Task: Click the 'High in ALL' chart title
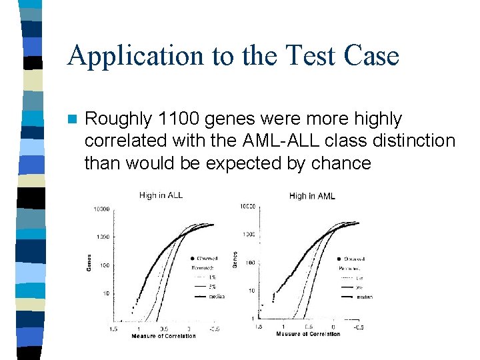161,195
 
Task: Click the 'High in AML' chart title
312,196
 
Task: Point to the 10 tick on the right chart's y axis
251,291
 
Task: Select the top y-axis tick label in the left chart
101,209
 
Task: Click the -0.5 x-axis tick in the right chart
359,327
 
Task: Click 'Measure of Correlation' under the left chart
163,336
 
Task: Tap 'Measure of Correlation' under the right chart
308,334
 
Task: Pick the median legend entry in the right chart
364,297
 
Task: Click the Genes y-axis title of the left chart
89,261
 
